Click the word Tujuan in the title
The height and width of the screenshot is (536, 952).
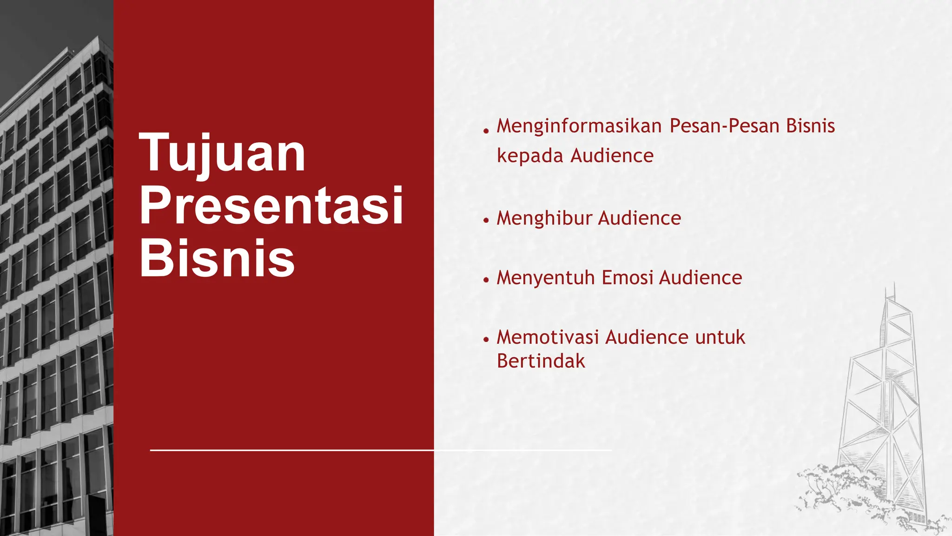point(222,154)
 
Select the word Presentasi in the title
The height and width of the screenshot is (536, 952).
point(271,206)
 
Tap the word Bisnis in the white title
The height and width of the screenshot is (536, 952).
point(217,258)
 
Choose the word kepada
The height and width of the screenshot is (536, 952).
point(530,156)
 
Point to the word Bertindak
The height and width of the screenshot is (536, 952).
point(541,361)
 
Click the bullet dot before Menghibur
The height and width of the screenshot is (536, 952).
point(486,220)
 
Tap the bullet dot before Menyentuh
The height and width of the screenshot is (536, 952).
point(486,280)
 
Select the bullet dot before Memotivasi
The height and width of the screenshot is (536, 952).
point(486,340)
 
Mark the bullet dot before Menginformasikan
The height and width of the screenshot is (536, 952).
point(486,131)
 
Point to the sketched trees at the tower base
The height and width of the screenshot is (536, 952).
point(832,489)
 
